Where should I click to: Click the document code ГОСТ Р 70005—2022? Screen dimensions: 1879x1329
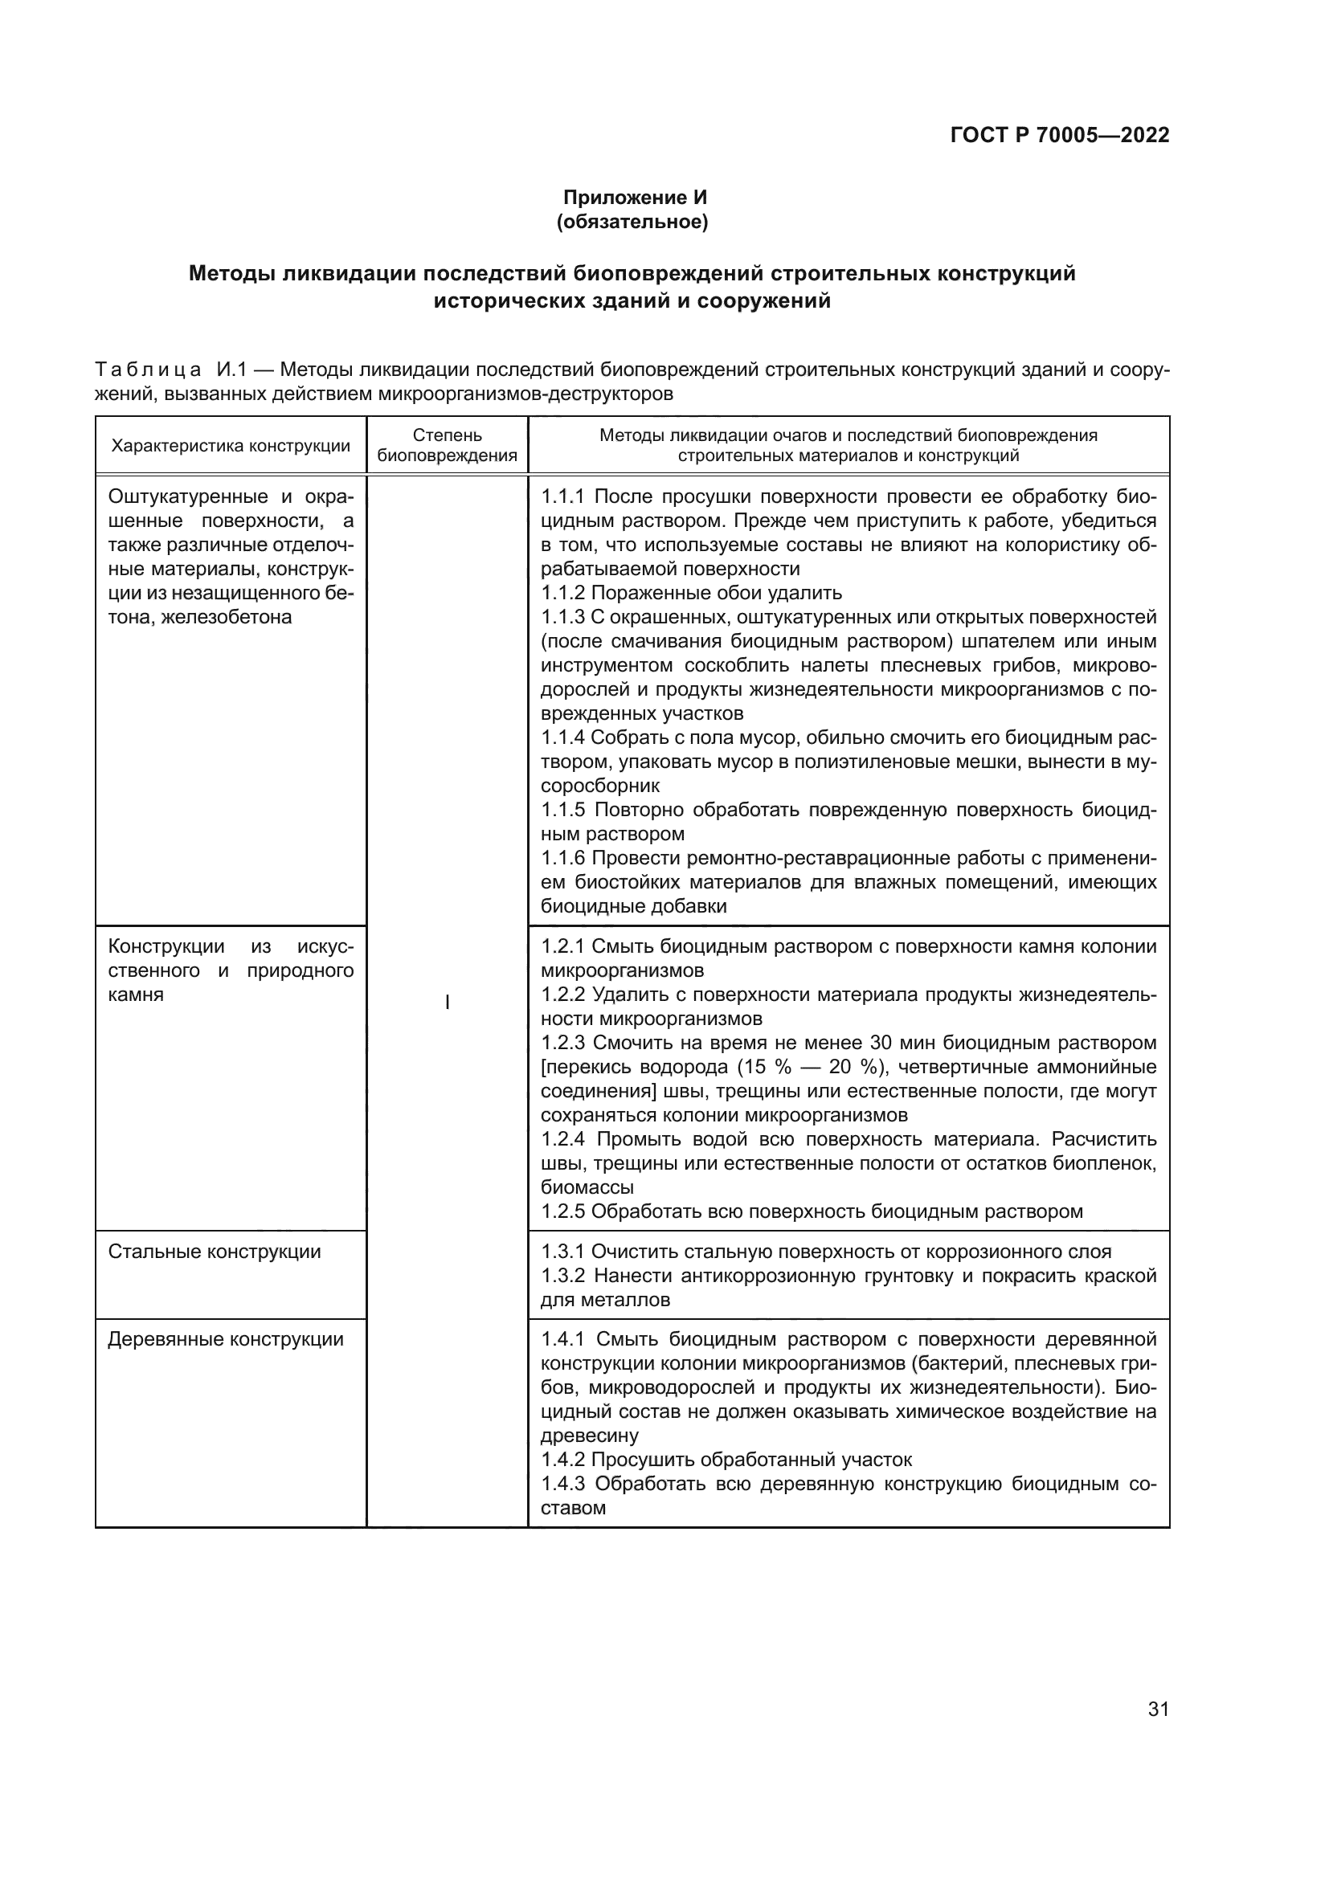[x=1059, y=135]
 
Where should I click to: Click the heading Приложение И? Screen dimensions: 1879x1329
[x=634, y=198]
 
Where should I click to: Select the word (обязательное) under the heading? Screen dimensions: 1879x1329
[x=632, y=222]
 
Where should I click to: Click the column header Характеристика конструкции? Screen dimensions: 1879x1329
[x=231, y=446]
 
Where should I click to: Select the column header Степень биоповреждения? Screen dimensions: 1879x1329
[x=447, y=445]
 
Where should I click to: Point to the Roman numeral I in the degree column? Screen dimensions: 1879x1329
[x=447, y=1003]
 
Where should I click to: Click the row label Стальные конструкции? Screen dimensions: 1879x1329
[x=215, y=1252]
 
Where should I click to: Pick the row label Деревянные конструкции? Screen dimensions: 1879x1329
[x=226, y=1339]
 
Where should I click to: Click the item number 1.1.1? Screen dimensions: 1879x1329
[x=563, y=496]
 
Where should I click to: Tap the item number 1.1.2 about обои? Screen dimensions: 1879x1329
[x=563, y=593]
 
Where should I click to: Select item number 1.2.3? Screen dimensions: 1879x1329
[x=563, y=1043]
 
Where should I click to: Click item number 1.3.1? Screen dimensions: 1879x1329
[x=563, y=1252]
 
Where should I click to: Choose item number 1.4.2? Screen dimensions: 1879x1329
[x=563, y=1459]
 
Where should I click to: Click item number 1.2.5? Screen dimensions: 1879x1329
[x=563, y=1211]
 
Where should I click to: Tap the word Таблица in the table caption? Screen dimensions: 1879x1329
[x=147, y=370]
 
